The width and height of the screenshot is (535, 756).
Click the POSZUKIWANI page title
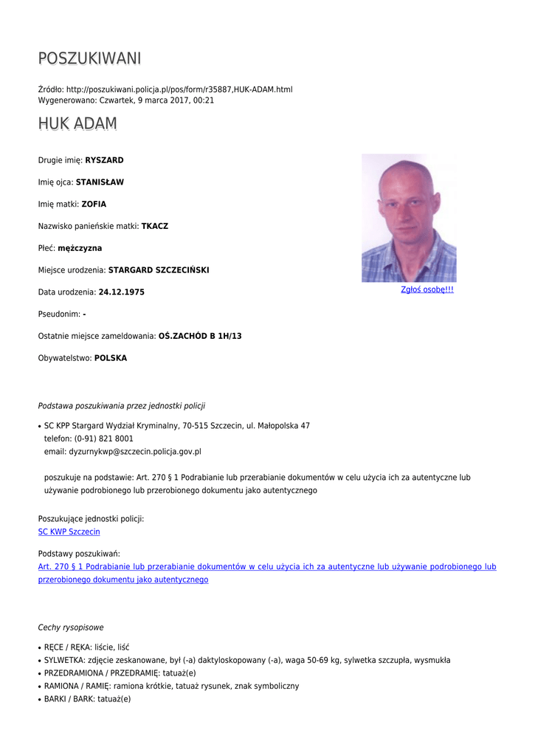(x=89, y=58)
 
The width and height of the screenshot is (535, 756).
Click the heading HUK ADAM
(x=77, y=123)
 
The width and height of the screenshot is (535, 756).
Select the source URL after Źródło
(x=179, y=89)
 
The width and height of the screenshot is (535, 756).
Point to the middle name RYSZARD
(x=104, y=160)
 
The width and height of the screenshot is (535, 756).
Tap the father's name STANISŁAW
(x=100, y=182)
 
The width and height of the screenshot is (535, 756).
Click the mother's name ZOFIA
(x=94, y=205)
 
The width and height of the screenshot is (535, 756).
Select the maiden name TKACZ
(x=154, y=227)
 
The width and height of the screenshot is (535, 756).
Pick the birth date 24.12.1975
(x=121, y=292)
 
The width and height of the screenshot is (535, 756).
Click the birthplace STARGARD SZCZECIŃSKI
(x=159, y=270)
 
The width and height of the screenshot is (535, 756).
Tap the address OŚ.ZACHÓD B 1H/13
(x=200, y=336)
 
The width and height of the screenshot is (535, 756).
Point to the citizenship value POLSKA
(x=111, y=358)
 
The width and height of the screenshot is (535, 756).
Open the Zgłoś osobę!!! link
(x=427, y=289)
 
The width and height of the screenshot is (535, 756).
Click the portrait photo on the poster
(x=409, y=219)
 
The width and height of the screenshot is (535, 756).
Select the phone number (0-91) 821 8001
(x=104, y=439)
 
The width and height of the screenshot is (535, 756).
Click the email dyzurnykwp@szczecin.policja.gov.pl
(x=135, y=451)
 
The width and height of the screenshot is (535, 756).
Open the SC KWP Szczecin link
(x=69, y=532)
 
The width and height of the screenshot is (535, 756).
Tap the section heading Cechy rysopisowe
(x=71, y=628)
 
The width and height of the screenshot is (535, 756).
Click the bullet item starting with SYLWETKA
(x=247, y=660)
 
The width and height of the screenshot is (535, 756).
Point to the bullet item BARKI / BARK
(x=87, y=699)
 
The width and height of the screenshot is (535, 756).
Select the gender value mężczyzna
(x=80, y=248)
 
